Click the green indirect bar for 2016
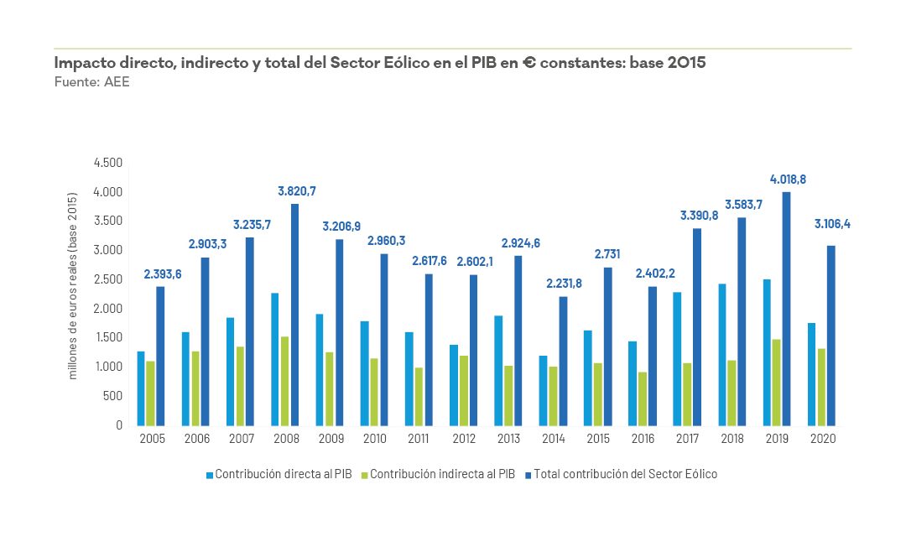(642, 399)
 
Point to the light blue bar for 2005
(141, 388)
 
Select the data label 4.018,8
(788, 180)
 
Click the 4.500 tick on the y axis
(107, 163)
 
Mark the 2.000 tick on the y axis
(107, 309)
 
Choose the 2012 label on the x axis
(464, 439)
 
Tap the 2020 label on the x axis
(822, 439)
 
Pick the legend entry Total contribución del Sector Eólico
(625, 475)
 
